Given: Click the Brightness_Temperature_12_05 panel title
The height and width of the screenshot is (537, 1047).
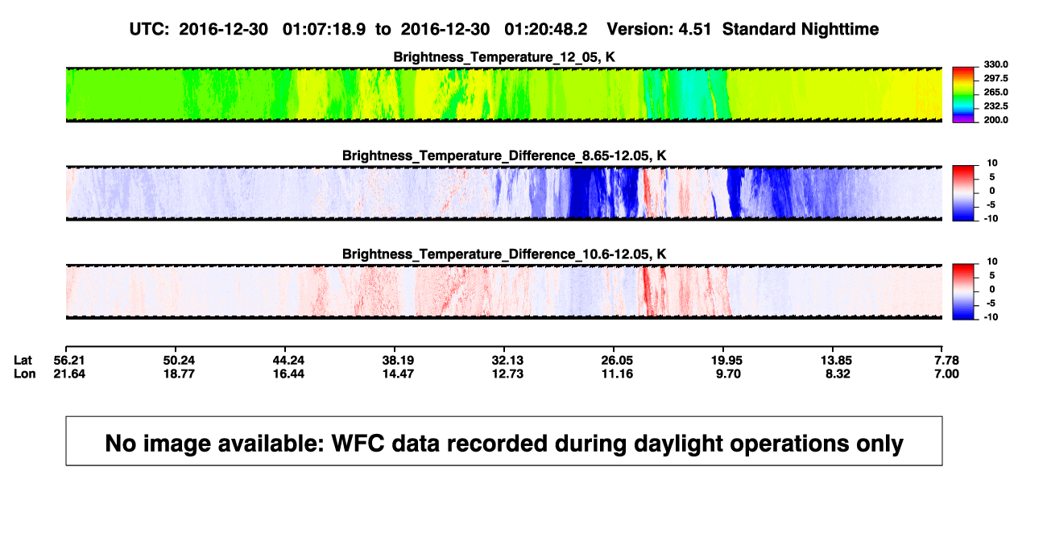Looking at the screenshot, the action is (x=504, y=57).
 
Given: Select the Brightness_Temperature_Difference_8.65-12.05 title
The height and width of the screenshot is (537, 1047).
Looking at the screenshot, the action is (x=504, y=155).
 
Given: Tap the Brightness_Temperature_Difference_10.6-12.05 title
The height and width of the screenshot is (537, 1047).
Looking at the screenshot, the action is (x=504, y=254).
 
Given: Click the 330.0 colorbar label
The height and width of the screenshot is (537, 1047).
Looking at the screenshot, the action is (x=995, y=64).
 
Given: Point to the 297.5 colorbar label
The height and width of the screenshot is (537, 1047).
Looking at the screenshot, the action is (x=995, y=78).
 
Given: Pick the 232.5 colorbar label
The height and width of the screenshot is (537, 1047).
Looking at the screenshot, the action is (x=995, y=106).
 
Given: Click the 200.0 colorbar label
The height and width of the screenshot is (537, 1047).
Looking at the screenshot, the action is (x=995, y=120).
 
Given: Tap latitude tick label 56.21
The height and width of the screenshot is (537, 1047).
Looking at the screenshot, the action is (x=69, y=361).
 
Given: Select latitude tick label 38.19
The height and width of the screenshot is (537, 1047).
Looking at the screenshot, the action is (x=398, y=361).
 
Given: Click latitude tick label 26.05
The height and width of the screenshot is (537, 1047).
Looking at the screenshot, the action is (x=617, y=361).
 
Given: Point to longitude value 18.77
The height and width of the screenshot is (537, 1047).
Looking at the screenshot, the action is (x=179, y=374).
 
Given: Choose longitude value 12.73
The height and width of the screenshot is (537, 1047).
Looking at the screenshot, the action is (x=507, y=374).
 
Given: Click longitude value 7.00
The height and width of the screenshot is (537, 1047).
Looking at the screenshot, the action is (x=946, y=374).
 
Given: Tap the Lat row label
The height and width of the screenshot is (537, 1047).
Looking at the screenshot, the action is (x=23, y=361).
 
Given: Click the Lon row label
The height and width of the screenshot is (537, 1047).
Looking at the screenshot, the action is (x=25, y=374).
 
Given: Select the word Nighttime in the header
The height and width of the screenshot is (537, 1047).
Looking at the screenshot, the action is (x=839, y=30).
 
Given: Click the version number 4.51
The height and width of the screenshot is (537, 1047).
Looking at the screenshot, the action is (x=695, y=30).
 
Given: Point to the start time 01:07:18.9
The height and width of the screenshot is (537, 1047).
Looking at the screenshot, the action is (x=324, y=30).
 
